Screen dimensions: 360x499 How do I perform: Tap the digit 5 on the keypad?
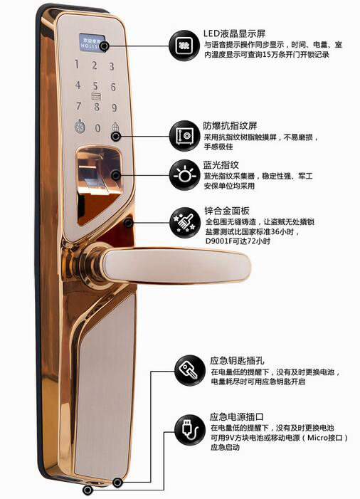tap(95, 86)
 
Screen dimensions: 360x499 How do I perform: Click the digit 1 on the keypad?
tap(77, 64)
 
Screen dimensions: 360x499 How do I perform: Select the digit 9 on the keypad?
tap(114, 107)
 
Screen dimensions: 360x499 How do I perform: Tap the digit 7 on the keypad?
tap(78, 106)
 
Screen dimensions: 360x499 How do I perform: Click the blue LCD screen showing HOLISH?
tap(92, 42)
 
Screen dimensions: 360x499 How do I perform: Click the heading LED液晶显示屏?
tap(234, 33)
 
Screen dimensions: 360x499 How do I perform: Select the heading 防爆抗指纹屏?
tap(231, 126)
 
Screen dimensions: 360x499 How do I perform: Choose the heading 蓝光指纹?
tap(221, 165)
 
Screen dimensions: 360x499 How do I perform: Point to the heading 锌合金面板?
tap(227, 211)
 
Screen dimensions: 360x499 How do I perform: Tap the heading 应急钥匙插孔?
tap(237, 361)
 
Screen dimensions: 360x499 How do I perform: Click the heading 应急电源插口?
tap(237, 416)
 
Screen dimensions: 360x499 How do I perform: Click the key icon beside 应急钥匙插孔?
tap(190, 370)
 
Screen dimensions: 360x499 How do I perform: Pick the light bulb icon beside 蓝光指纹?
tap(184, 175)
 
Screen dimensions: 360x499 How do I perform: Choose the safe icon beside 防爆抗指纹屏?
tap(184, 136)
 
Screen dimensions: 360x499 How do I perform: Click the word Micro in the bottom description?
tap(318, 438)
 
